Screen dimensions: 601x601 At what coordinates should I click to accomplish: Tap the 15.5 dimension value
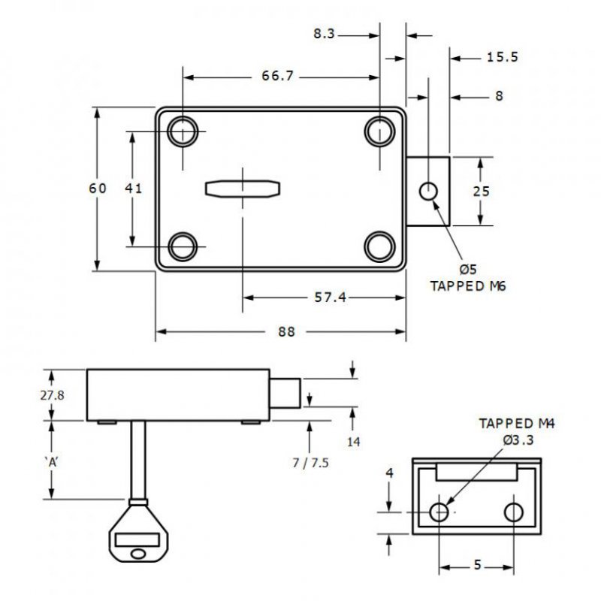tap(502, 56)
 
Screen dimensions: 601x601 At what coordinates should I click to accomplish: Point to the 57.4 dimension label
tap(330, 297)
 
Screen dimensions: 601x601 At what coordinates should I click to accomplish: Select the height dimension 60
tap(98, 188)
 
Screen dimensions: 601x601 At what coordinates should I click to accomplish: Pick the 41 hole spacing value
tap(133, 189)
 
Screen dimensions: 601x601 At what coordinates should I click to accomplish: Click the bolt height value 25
tap(481, 191)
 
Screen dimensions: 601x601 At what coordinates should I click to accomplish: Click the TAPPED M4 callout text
tap(516, 424)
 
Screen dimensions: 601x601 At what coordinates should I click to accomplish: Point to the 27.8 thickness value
tap(52, 394)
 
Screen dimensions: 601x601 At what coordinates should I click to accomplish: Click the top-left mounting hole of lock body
tap(183, 134)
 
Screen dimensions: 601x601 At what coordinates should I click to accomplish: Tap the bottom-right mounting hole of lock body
tap(379, 245)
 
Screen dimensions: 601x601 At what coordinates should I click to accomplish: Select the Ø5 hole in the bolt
tap(428, 191)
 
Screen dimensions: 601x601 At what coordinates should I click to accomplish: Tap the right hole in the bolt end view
tap(513, 512)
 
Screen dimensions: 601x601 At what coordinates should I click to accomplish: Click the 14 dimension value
tap(353, 442)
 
